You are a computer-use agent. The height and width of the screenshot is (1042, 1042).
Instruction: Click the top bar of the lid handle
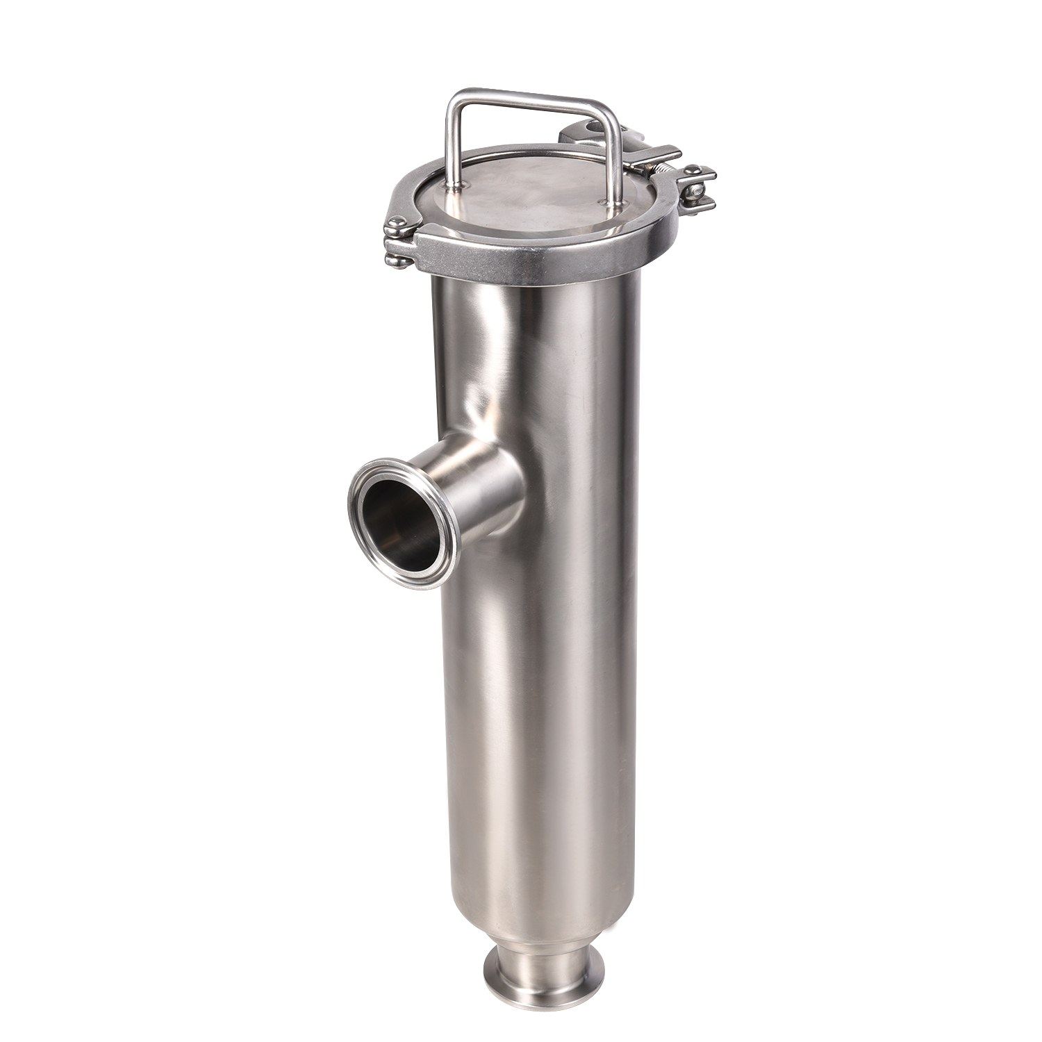[x=528, y=101]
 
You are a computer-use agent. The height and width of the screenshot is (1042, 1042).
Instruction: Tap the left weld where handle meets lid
[x=455, y=185]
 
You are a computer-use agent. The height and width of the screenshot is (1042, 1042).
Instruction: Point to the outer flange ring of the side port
[x=361, y=486]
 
